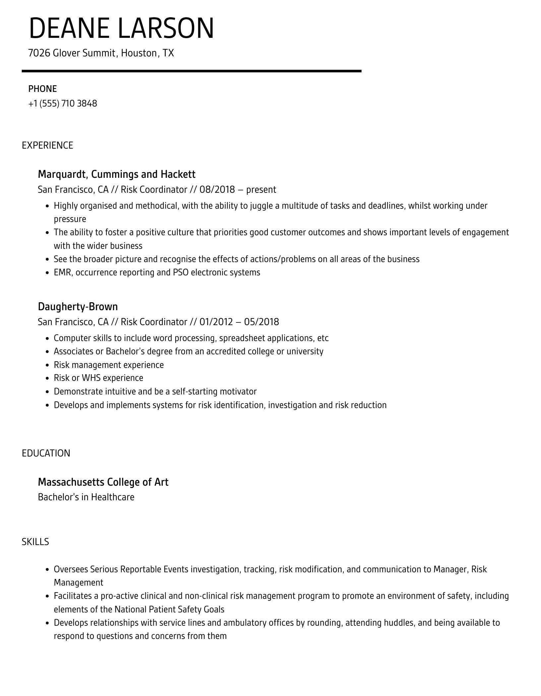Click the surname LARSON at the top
pos(166,29)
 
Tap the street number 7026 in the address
pos(39,53)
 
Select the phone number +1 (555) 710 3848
pos(63,104)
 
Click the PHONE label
pos(42,89)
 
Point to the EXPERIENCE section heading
pos(47,145)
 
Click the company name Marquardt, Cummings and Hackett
pos(117,174)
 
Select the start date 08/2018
pos(217,189)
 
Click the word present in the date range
pos(261,189)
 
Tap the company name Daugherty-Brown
pos(78,307)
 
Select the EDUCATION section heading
pos(46,453)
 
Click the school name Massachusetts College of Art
pos(103,482)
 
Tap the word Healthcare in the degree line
pos(113,497)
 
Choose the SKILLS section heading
pos(35,542)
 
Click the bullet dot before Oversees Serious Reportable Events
pos(47,570)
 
